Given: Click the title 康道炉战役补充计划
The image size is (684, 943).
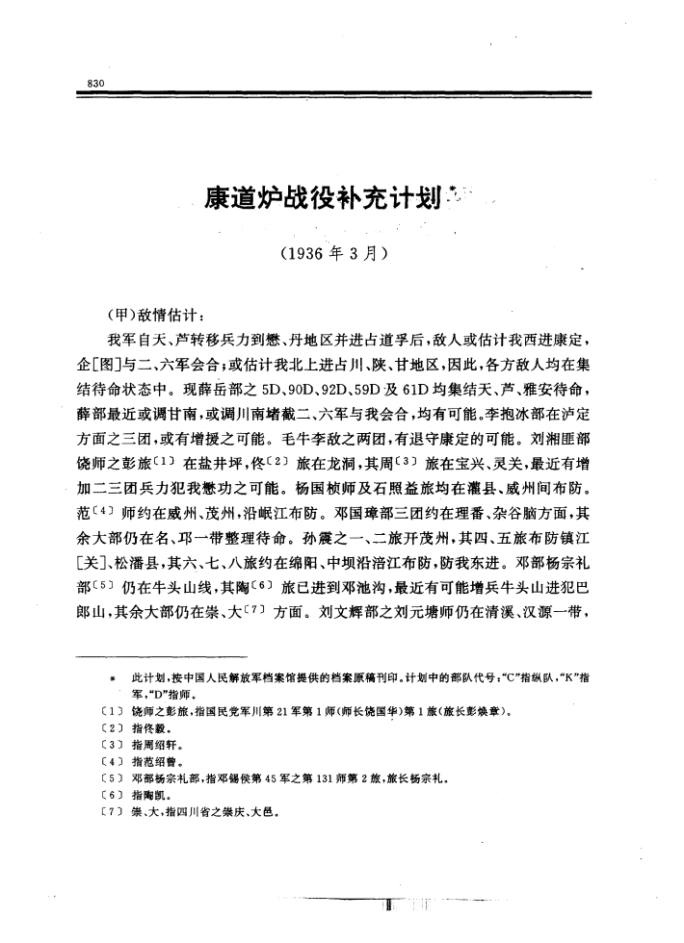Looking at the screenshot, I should [x=316, y=200].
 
